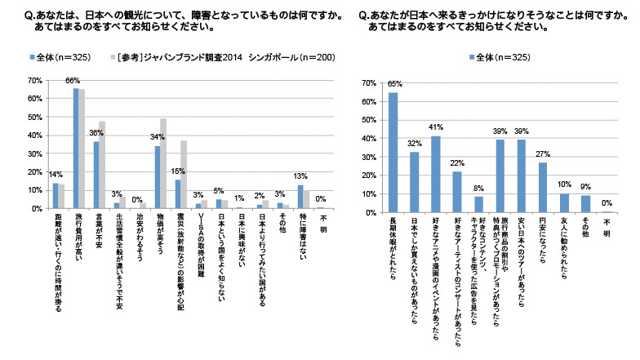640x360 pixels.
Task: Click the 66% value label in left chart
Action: (73, 80)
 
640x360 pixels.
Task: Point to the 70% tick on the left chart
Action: (35, 80)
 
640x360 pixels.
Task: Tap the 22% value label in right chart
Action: (457, 163)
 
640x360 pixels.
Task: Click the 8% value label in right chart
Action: (478, 189)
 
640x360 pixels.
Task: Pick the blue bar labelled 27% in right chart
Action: (542, 187)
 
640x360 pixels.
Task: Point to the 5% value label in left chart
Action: (218, 191)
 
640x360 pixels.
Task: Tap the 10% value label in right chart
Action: (563, 185)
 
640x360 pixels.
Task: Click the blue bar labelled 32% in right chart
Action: (415, 182)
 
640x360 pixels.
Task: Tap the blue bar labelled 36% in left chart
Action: (96, 175)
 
